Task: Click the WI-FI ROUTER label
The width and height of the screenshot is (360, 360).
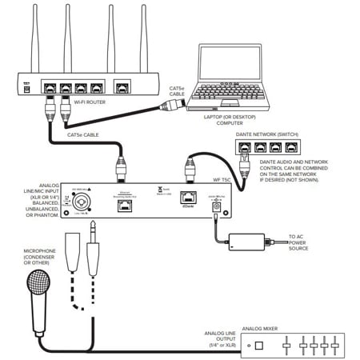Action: pos(90,102)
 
